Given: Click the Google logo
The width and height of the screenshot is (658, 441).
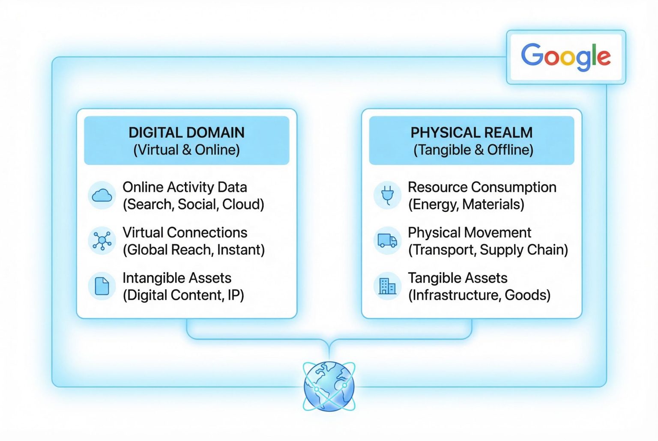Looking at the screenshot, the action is coord(566,57).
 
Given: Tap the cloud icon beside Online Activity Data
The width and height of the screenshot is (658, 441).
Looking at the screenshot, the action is coord(102,195).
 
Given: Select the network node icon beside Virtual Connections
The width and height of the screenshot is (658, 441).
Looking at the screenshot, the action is coord(102,241).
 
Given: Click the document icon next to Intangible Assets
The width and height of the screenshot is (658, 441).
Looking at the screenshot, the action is coord(102,286).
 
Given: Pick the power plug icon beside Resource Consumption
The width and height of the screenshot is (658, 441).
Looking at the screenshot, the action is coord(387,195).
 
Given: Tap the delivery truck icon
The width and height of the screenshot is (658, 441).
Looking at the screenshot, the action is coord(387,241).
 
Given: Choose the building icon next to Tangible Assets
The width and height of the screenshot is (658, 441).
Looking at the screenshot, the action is coord(387,286).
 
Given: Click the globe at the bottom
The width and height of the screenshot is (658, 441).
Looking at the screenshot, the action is coord(329,386).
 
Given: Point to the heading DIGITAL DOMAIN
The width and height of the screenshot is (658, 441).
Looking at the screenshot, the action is coord(186,132).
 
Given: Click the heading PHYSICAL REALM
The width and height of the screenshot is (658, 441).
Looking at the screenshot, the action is coord(472,132).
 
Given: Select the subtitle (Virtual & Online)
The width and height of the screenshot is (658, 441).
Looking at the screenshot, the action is coord(186,150).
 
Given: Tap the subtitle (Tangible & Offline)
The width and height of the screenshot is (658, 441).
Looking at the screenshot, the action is coord(473,150).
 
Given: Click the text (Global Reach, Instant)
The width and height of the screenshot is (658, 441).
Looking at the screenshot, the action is coord(194,250).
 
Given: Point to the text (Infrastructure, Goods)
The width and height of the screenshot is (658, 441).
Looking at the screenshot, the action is coord(479,295).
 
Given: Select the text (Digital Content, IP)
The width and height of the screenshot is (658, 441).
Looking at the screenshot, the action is coord(183,295).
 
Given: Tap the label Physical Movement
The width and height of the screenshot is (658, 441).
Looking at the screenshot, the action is coord(470,233).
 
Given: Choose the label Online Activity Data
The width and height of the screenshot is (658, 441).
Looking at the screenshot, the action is coord(185,188).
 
